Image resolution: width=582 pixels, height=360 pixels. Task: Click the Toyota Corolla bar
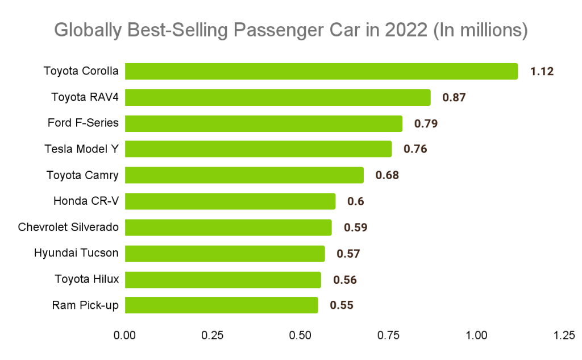(x=321, y=71)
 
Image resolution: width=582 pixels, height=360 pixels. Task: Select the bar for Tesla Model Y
(x=258, y=149)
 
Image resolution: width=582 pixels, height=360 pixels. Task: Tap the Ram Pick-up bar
(x=221, y=305)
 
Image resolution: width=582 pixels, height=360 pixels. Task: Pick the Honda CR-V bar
(x=230, y=201)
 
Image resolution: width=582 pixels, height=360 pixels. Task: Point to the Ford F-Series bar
(x=263, y=123)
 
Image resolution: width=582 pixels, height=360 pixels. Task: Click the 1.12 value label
(x=542, y=71)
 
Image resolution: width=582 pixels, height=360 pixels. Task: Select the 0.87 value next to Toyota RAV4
(x=454, y=97)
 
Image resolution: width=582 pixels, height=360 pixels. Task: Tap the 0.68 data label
(x=387, y=175)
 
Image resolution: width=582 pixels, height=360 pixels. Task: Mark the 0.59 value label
(x=355, y=227)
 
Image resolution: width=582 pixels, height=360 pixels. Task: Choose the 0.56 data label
(x=344, y=279)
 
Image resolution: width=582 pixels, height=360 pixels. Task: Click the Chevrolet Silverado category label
(x=68, y=227)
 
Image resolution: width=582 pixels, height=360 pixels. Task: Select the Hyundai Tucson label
(x=76, y=253)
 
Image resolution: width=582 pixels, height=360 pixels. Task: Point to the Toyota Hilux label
(x=86, y=279)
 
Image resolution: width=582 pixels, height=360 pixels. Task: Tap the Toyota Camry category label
(x=82, y=175)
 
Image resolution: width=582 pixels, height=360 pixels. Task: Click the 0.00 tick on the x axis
(x=124, y=336)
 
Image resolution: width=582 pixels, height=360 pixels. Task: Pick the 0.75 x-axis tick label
(x=389, y=336)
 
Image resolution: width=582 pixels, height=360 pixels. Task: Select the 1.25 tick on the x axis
(x=564, y=336)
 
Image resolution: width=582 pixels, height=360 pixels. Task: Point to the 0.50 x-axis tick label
(x=301, y=336)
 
